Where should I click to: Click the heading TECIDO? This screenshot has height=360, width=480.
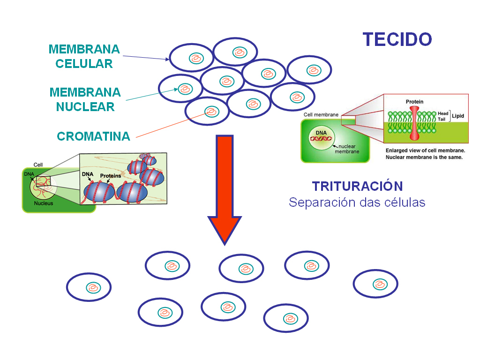pyautogui.click(x=397, y=39)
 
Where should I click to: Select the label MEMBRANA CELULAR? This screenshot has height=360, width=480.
pyautogui.click(x=84, y=56)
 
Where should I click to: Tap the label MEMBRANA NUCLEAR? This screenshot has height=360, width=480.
pyautogui.click(x=85, y=99)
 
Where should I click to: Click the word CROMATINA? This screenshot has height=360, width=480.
pyautogui.click(x=93, y=136)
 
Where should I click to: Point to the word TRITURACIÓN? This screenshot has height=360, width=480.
pyautogui.click(x=357, y=186)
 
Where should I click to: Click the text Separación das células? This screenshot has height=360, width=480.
pyautogui.click(x=357, y=202)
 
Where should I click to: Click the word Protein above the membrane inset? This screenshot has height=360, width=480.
pyautogui.click(x=415, y=101)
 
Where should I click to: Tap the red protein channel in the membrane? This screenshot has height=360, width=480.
pyautogui.click(x=415, y=123)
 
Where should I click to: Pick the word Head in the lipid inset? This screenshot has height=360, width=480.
pyautogui.click(x=443, y=113)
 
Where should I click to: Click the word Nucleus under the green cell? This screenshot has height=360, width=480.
pyautogui.click(x=43, y=203)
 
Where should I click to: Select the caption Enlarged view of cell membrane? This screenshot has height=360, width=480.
pyautogui.click(x=425, y=150)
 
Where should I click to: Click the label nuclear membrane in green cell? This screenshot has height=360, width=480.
pyautogui.click(x=347, y=149)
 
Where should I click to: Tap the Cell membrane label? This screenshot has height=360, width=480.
pyautogui.click(x=321, y=114)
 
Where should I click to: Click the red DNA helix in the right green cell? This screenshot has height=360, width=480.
pyautogui.click(x=322, y=139)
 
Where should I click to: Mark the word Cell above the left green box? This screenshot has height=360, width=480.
pyautogui.click(x=38, y=165)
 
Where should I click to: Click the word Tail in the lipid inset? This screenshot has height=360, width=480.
pyautogui.click(x=442, y=119)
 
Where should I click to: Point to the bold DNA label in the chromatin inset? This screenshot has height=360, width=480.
pyautogui.click(x=87, y=174)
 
